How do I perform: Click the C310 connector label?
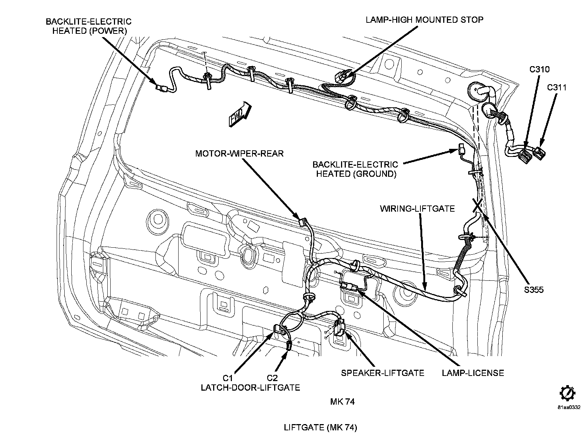(x=539, y=69)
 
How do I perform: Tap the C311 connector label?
(x=557, y=87)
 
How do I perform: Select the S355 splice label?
(x=534, y=290)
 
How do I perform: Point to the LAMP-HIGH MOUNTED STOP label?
(x=424, y=20)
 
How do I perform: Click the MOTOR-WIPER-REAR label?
(x=240, y=153)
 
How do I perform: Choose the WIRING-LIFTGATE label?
(x=417, y=209)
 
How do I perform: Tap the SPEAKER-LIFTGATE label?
(x=383, y=373)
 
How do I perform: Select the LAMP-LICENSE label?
(x=473, y=373)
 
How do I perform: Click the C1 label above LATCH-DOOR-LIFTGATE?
(x=228, y=378)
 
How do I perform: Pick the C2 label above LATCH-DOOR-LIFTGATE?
(x=272, y=378)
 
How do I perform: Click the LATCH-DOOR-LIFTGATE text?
(x=251, y=388)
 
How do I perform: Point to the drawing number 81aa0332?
(x=569, y=407)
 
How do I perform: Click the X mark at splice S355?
(x=478, y=205)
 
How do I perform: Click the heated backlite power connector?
(x=162, y=87)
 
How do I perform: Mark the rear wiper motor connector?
(x=303, y=222)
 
